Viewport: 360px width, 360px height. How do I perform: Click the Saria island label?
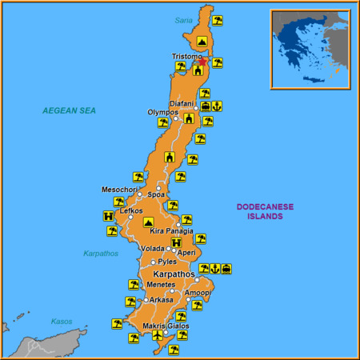(x=184, y=20)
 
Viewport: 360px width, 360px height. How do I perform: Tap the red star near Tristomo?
(x=202, y=61)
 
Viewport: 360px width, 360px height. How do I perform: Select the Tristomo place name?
(x=186, y=56)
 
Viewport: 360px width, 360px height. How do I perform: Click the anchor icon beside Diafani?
(x=217, y=106)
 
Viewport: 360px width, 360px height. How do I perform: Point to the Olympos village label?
(x=162, y=112)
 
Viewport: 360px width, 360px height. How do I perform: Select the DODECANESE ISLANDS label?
(x=265, y=211)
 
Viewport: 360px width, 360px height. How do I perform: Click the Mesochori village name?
(x=118, y=190)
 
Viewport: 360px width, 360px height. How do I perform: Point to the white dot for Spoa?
(x=158, y=189)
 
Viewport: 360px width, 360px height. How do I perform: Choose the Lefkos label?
(x=131, y=210)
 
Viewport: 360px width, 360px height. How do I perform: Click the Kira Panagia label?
(x=171, y=231)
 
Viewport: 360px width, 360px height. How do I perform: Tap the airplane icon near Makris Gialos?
(x=158, y=336)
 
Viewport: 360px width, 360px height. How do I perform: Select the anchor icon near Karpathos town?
(x=214, y=269)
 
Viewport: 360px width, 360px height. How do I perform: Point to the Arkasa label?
(x=161, y=300)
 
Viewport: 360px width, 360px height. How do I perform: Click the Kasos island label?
(x=62, y=321)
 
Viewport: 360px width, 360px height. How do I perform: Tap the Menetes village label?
(x=161, y=284)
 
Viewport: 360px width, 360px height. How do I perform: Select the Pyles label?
(x=167, y=262)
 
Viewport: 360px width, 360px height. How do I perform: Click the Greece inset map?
(x=310, y=48)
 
